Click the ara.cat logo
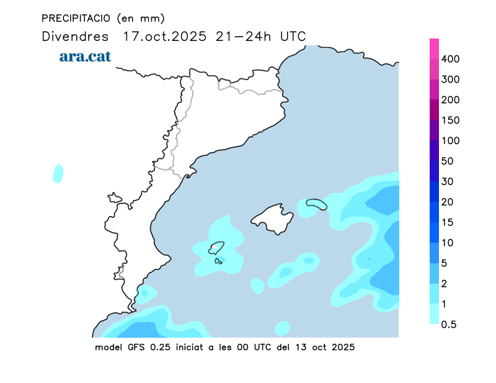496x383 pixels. (x=85, y=56)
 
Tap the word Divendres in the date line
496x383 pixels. (x=75, y=36)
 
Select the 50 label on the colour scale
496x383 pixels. (x=448, y=161)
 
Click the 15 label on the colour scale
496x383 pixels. (x=448, y=222)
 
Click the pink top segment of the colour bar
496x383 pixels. (x=435, y=48)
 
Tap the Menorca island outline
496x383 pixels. (x=316, y=204)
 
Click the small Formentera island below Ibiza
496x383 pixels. (x=218, y=261)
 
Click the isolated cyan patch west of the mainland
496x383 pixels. (x=58, y=173)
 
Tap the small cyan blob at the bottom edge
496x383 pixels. (x=282, y=328)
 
